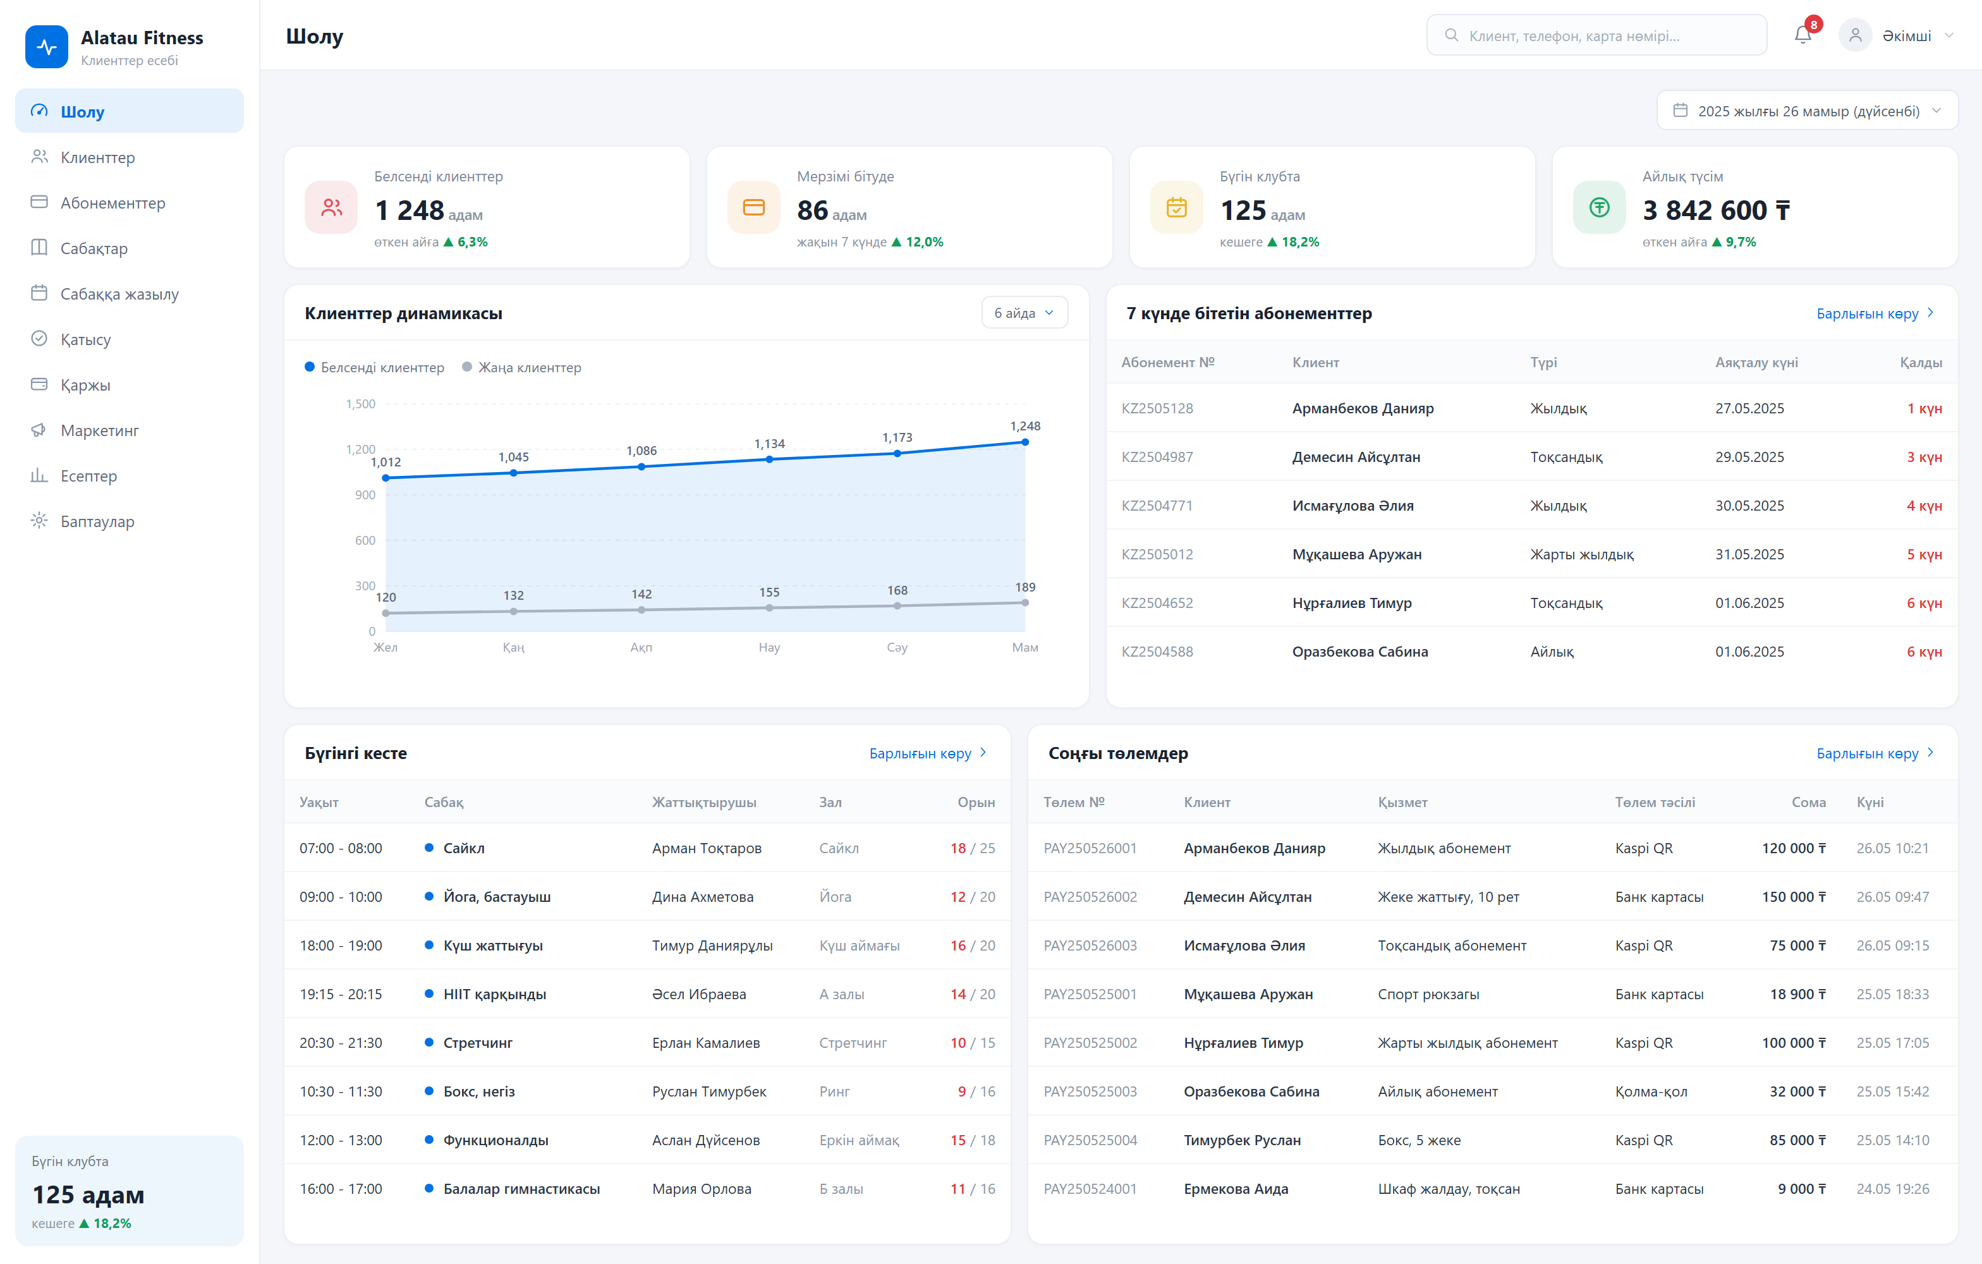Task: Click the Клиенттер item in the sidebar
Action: tap(97, 157)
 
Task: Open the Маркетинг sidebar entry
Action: tap(99, 430)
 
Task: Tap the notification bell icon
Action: tap(1803, 35)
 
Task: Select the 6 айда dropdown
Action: tap(1024, 313)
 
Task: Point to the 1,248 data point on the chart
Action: tap(1024, 442)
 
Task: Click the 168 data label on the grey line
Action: tap(897, 590)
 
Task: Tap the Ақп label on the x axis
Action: tap(641, 648)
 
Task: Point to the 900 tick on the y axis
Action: tap(365, 495)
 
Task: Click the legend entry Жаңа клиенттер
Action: tap(522, 367)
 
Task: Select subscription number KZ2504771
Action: tap(1157, 505)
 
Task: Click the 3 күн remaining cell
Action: tap(1924, 457)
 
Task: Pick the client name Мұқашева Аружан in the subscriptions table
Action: tap(1356, 554)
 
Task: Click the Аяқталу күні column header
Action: tap(1756, 362)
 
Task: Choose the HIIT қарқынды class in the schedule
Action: tap(494, 994)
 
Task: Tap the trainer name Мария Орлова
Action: tap(702, 1188)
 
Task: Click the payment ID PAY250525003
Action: tap(1090, 1091)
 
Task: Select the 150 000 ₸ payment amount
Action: tap(1794, 897)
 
